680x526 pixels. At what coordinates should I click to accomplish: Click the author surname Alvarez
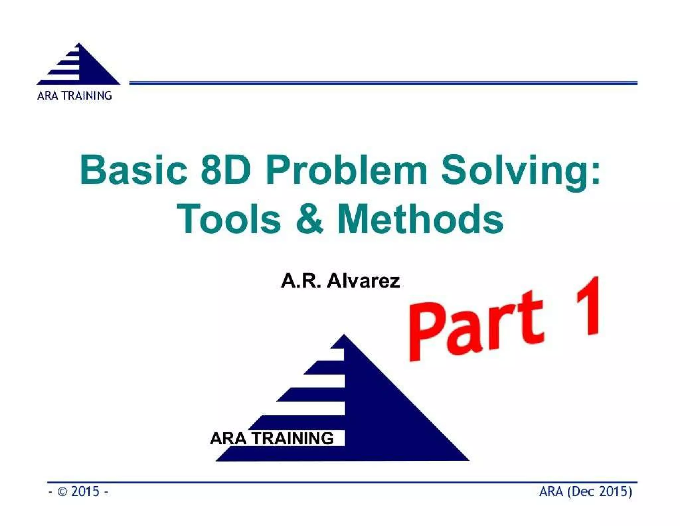click(363, 281)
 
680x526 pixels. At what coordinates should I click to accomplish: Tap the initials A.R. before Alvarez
click(301, 281)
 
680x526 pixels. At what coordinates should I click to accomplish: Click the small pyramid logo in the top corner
click(78, 65)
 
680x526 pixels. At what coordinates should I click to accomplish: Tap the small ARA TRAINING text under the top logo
click(75, 96)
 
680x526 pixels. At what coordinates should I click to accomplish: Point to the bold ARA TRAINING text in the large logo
click(272, 438)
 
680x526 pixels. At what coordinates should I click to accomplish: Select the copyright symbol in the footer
click(62, 491)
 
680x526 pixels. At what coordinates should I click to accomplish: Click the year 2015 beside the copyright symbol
click(85, 491)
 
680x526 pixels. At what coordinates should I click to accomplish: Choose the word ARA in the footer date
click(552, 491)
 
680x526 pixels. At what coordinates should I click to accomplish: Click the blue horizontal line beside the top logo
click(382, 83)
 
